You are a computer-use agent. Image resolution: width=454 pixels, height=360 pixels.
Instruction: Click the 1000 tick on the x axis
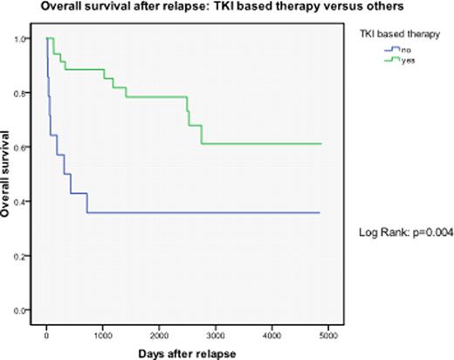(103, 333)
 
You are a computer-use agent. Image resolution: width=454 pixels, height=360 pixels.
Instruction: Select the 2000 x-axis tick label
(160, 333)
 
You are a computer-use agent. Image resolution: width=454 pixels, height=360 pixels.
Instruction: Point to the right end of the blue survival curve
(320, 212)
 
